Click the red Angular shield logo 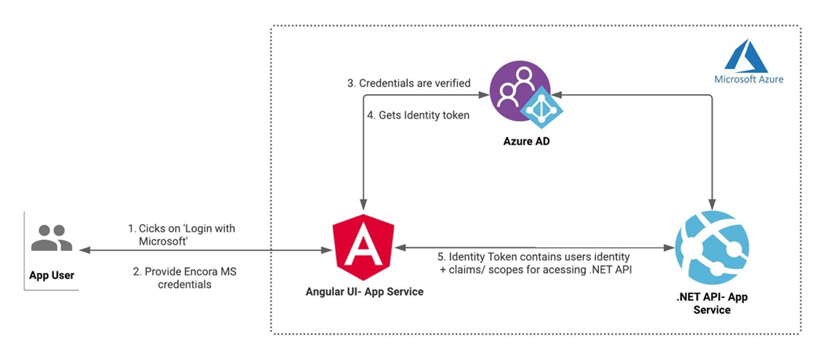[x=363, y=245]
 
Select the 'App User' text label [x=52, y=275]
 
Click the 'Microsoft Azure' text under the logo [x=749, y=78]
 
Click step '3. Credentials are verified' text [x=408, y=83]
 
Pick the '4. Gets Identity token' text [x=418, y=115]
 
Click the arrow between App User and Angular [x=204, y=250]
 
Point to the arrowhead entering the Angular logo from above [x=363, y=205]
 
